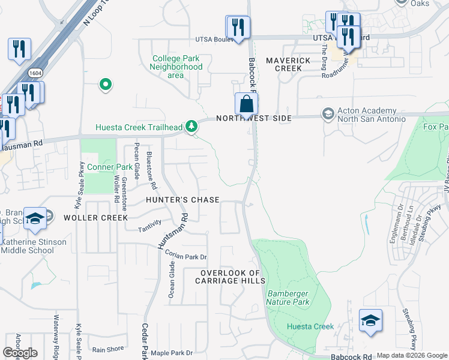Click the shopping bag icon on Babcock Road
(246, 104)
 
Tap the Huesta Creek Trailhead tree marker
(191, 126)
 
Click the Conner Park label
(109, 166)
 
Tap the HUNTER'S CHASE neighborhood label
(180, 199)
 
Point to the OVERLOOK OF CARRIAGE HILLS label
(232, 277)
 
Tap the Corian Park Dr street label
(185, 256)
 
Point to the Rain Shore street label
(108, 349)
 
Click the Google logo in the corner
(20, 353)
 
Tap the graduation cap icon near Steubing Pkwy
(370, 320)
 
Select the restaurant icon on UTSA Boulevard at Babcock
(238, 27)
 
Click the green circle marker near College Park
(106, 85)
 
